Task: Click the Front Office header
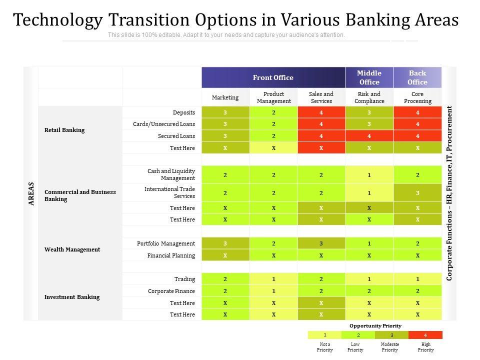click(273, 77)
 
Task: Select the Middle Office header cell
click(369, 77)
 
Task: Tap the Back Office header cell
click(417, 77)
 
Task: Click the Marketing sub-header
click(225, 97)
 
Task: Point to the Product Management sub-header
click(273, 97)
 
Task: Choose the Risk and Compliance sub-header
click(369, 97)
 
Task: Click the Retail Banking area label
click(64, 130)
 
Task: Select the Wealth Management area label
click(72, 249)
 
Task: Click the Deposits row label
click(184, 112)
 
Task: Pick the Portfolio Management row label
click(166, 243)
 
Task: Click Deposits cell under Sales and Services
click(321, 112)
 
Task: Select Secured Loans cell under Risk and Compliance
click(369, 136)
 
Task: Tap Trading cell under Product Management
click(273, 279)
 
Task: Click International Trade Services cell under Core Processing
click(417, 192)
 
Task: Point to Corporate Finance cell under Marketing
click(225, 291)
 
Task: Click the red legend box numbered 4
click(425, 335)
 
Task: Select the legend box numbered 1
click(324, 335)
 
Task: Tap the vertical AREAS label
click(31, 193)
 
